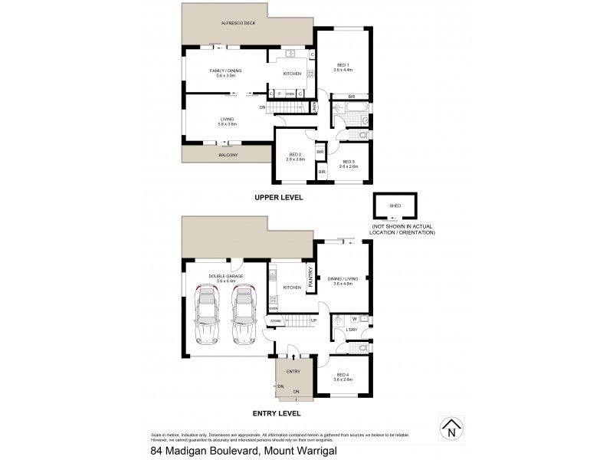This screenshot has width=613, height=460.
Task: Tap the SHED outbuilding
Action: tap(395, 208)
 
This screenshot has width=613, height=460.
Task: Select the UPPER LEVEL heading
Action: tap(278, 197)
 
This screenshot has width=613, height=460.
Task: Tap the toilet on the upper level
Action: tap(364, 121)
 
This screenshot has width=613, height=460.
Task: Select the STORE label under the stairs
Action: tap(275, 320)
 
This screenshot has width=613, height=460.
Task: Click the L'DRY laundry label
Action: tap(352, 330)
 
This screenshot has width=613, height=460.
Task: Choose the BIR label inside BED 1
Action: tap(351, 97)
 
